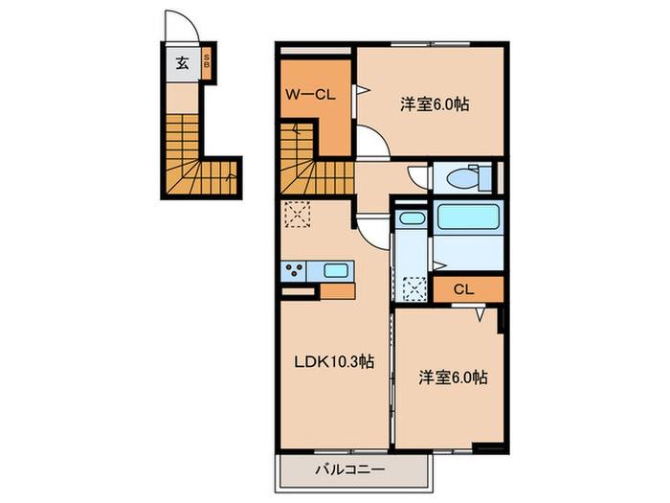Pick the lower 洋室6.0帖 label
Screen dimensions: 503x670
coord(453,377)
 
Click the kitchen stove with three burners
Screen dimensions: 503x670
coord(294,270)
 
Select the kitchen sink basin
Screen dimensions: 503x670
coord(335,270)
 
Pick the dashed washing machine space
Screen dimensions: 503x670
coord(413,287)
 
